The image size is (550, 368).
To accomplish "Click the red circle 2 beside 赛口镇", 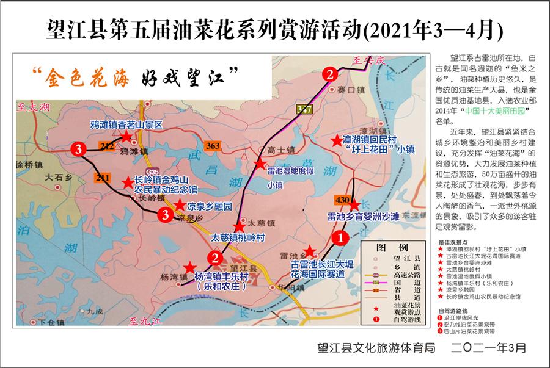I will pyautogui.click(x=330, y=75).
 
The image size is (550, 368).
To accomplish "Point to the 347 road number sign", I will pyautogui.click(x=303, y=109).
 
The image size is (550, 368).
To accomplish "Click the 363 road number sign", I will pyautogui.click(x=213, y=146).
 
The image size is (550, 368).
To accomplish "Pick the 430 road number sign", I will pyautogui.click(x=342, y=200).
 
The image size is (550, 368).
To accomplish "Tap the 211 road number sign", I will pyautogui.click(x=103, y=177).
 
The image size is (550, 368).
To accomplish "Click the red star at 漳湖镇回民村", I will pyautogui.click(x=336, y=141).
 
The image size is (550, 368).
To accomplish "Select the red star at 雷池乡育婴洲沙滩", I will pyautogui.click(x=353, y=205).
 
